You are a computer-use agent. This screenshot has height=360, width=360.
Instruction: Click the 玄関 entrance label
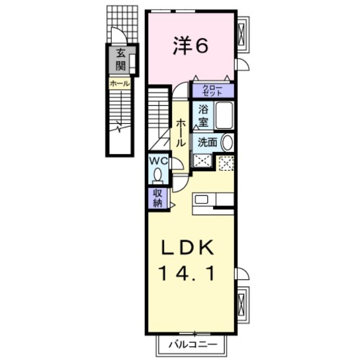coord(120,60)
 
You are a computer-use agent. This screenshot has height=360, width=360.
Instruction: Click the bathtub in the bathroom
coord(224,115)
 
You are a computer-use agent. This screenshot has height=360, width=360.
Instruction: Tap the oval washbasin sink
coord(228,143)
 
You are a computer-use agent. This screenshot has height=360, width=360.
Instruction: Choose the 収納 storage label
coord(157,198)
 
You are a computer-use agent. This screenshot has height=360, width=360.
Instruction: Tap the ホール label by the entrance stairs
coord(120,83)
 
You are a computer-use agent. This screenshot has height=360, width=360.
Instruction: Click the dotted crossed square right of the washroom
coord(225,163)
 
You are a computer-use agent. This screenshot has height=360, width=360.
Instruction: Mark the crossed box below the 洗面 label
coord(202,160)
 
